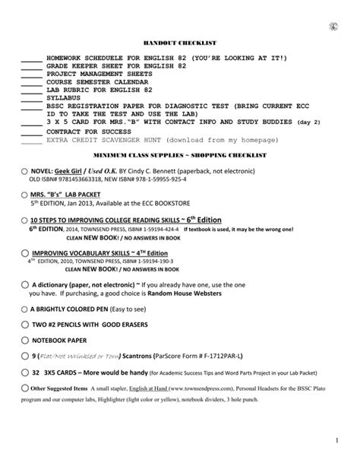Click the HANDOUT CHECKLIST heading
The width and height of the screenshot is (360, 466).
click(179, 45)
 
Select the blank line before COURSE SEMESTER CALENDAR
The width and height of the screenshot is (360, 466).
click(31, 80)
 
